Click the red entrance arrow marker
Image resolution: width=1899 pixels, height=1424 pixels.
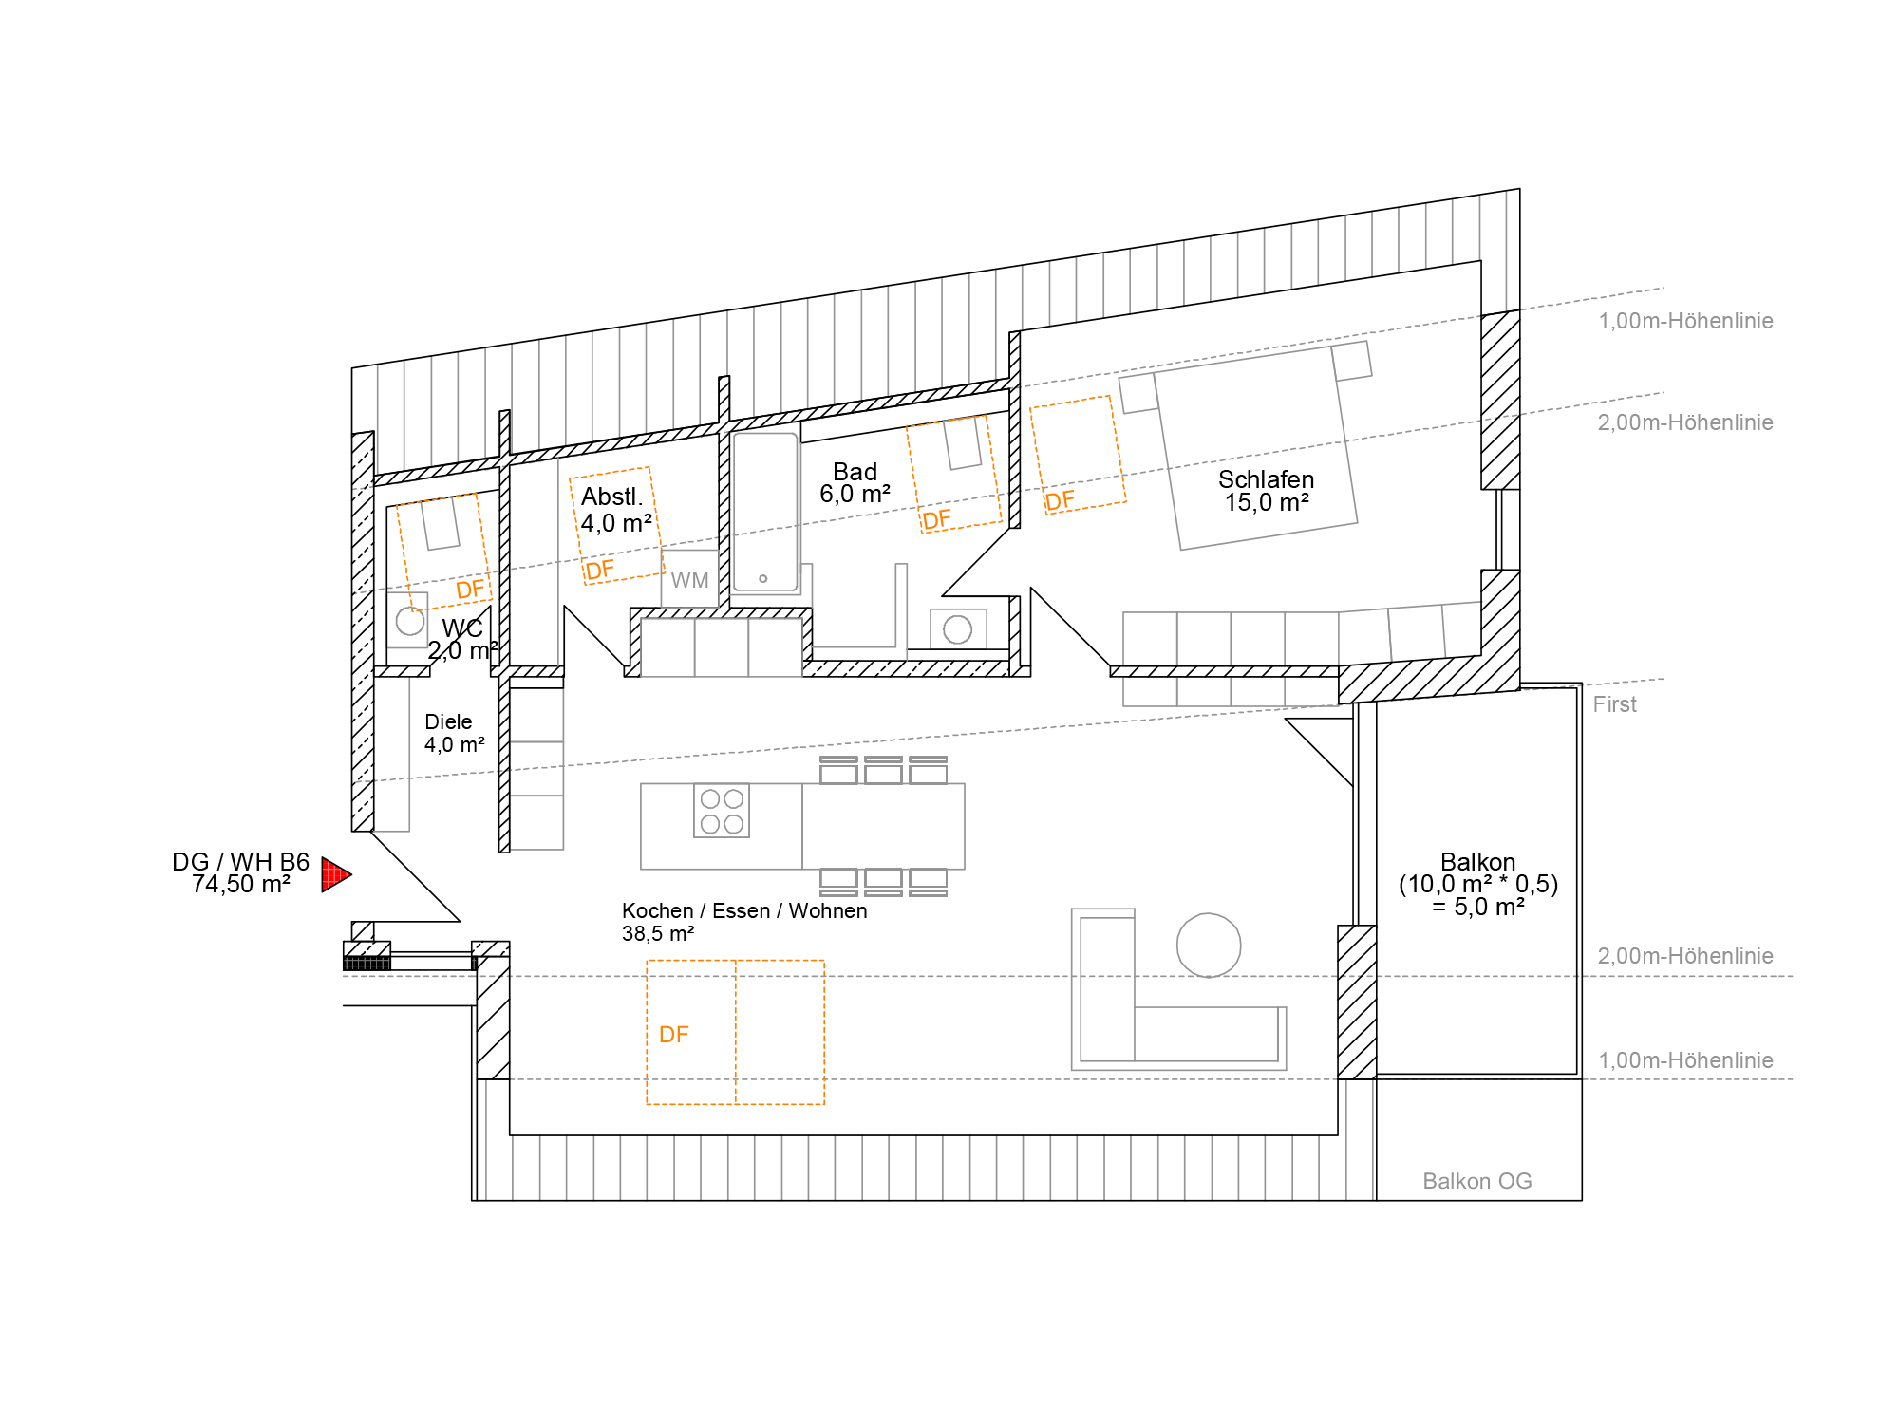pyautogui.click(x=335, y=874)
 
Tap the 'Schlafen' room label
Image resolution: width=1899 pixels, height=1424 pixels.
pyautogui.click(x=1266, y=479)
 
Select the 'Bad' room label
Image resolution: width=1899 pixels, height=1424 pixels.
pyautogui.click(x=855, y=472)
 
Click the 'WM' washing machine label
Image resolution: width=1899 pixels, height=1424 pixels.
pyautogui.click(x=689, y=580)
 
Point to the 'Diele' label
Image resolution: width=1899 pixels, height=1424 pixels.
pyautogui.click(x=448, y=721)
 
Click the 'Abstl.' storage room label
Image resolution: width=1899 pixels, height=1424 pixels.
pyautogui.click(x=612, y=497)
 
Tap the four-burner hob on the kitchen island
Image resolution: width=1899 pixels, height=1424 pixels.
pyautogui.click(x=722, y=811)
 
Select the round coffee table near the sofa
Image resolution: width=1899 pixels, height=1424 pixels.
pyautogui.click(x=1209, y=946)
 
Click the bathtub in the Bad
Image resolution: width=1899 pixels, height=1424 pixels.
pyautogui.click(x=764, y=513)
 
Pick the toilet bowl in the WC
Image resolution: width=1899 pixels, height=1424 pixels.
pyautogui.click(x=410, y=621)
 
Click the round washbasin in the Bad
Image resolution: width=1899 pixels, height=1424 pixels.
pyautogui.click(x=958, y=628)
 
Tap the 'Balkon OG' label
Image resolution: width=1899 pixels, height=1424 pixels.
pyautogui.click(x=1477, y=1181)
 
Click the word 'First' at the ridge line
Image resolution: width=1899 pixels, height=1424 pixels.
pyautogui.click(x=1615, y=704)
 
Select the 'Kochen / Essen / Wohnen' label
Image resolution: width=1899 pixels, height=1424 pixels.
pyautogui.click(x=744, y=910)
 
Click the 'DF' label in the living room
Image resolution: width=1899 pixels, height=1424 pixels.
pyautogui.click(x=674, y=1034)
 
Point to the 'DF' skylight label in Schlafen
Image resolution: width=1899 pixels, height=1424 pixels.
pyautogui.click(x=1061, y=500)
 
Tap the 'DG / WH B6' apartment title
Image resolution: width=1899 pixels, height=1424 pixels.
pyautogui.click(x=241, y=862)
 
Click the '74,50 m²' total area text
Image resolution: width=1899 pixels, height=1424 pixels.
pyautogui.click(x=241, y=885)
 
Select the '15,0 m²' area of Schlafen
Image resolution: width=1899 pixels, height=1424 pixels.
pyautogui.click(x=1267, y=502)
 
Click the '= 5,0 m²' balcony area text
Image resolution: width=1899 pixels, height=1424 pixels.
pyautogui.click(x=1478, y=907)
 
